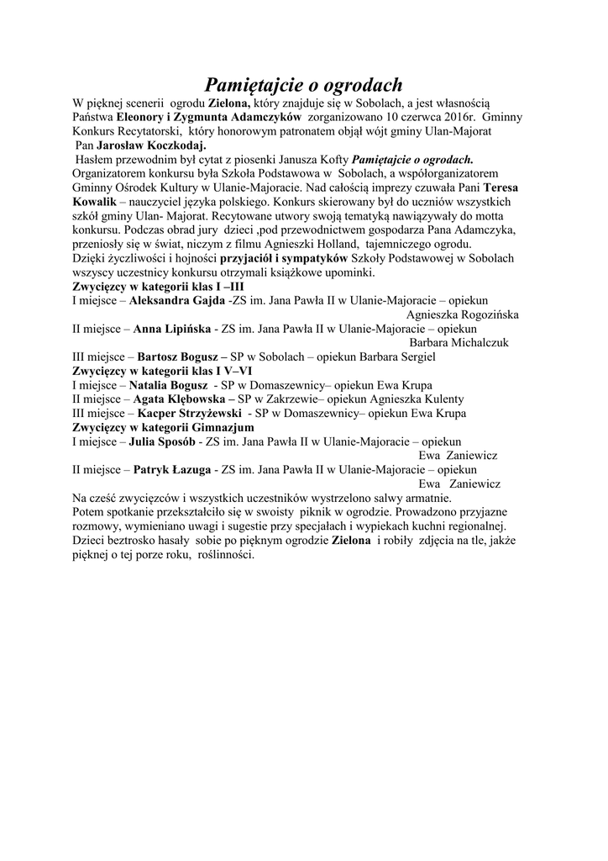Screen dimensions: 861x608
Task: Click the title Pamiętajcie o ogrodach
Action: coord(304,85)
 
